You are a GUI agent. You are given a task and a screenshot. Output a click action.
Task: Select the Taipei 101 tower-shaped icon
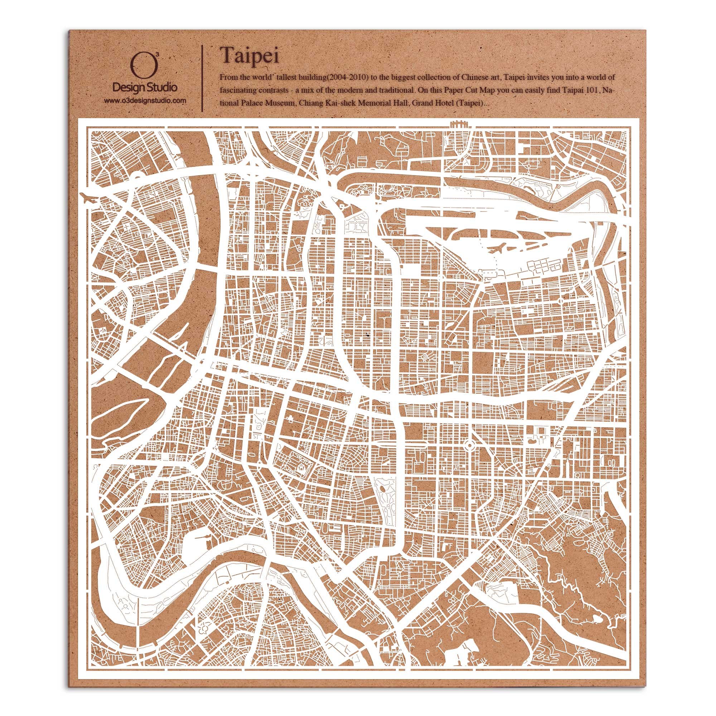tap(566, 465)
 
